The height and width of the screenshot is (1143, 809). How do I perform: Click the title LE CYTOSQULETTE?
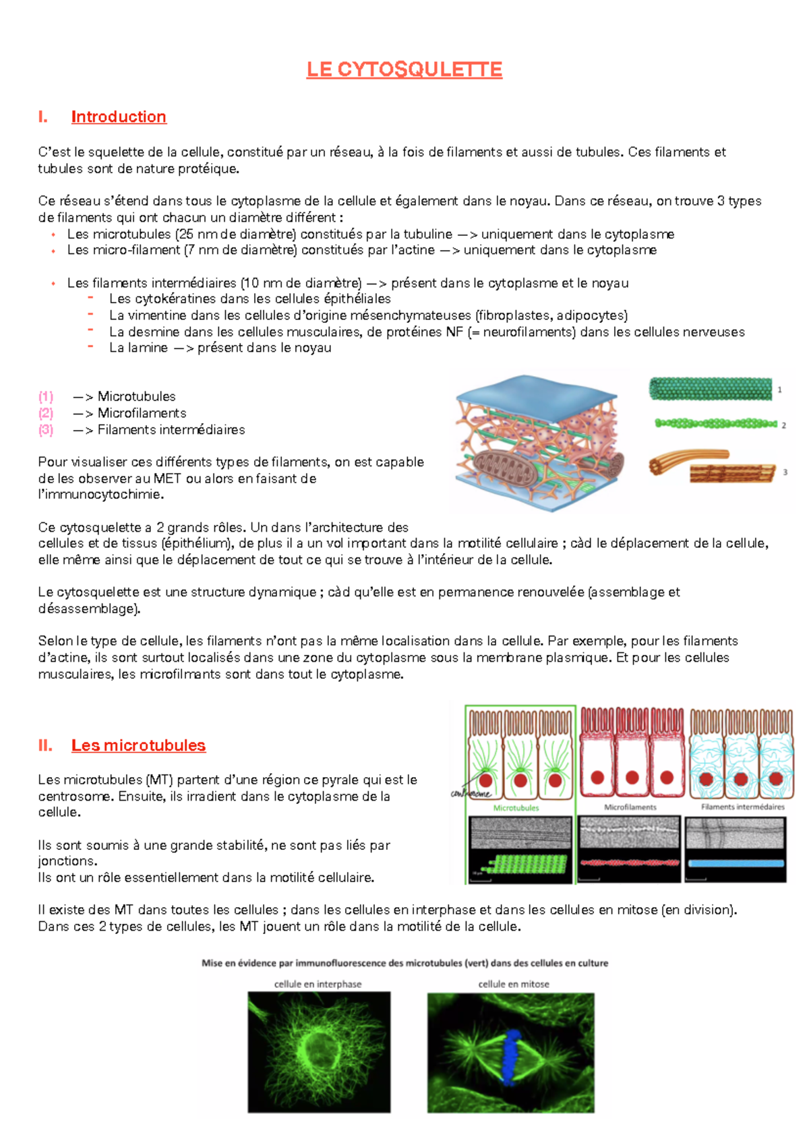pos(404,69)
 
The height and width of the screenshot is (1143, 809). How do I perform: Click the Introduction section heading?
pos(119,117)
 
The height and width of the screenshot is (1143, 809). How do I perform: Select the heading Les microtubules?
pos(138,745)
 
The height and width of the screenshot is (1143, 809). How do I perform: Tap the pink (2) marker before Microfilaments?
pos(46,413)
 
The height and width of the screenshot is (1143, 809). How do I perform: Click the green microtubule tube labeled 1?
pos(710,389)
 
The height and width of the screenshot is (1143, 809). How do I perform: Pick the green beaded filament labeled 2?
pos(715,424)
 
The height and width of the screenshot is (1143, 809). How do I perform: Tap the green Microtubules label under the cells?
pos(516,807)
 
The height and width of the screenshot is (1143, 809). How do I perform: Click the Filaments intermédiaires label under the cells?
pos(742,807)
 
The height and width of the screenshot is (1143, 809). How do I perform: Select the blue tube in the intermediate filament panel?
pos(736,863)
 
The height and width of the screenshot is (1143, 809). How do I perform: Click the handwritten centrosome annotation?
pos(470,794)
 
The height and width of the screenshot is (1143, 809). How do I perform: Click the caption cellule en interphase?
pos(318,984)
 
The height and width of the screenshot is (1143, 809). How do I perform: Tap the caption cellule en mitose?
pos(513,984)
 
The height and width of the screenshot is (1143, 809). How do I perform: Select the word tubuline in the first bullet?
pos(427,234)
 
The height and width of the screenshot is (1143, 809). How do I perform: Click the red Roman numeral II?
pos(45,745)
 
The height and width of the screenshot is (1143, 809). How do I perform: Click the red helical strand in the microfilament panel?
pos(629,863)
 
